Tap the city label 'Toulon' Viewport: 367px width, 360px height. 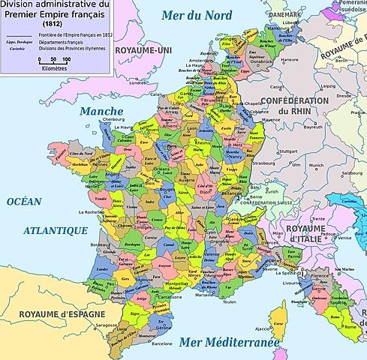(x=229, y=302)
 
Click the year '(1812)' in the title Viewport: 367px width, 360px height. (x=52, y=25)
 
